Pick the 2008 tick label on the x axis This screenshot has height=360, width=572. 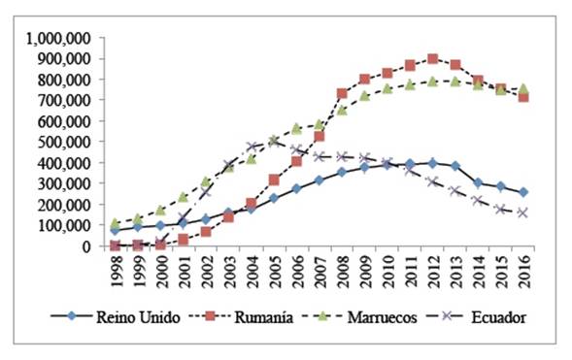click(343, 272)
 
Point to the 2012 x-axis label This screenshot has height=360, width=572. click(433, 272)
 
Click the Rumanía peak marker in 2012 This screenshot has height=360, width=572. click(432, 59)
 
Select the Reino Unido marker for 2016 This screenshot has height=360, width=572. click(523, 192)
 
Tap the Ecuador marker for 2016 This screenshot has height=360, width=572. click(523, 213)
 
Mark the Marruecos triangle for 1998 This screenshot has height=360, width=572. click(116, 223)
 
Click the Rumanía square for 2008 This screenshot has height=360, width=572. click(342, 94)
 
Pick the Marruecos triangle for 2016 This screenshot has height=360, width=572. click(523, 89)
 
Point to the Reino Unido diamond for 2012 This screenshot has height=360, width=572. click(432, 163)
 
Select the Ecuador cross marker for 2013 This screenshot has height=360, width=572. click(455, 191)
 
